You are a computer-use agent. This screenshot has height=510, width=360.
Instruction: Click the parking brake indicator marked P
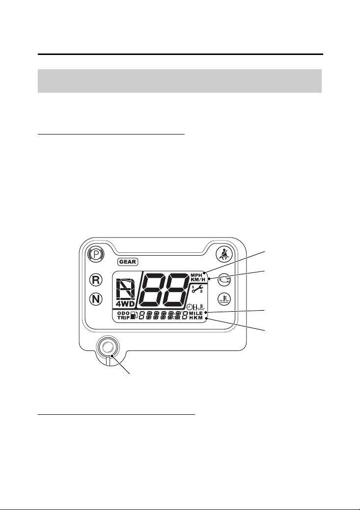96,254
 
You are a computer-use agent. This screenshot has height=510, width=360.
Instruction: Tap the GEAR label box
128,262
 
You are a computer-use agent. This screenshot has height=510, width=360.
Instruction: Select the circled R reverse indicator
96,280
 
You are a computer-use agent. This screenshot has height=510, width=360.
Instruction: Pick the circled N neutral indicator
96,298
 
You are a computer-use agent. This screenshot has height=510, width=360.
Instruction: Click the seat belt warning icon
224,254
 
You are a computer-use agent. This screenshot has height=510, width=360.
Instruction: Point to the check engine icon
224,280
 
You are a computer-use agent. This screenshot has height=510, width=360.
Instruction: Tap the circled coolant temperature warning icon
224,298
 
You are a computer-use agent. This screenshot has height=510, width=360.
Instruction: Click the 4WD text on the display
125,304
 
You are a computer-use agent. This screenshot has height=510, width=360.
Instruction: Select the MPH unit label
196,275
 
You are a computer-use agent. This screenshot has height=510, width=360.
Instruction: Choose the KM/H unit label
197,280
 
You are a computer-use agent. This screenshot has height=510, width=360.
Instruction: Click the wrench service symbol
197,289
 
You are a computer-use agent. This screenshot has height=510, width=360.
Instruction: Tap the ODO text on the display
123,314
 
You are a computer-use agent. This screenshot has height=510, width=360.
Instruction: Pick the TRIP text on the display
123,318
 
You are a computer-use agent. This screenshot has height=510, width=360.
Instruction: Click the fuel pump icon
134,316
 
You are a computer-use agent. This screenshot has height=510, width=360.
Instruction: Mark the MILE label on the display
196,313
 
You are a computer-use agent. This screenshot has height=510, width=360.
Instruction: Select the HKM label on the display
196,318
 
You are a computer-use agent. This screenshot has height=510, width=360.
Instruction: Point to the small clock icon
190,306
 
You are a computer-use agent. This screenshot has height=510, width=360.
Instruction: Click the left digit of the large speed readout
153,289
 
